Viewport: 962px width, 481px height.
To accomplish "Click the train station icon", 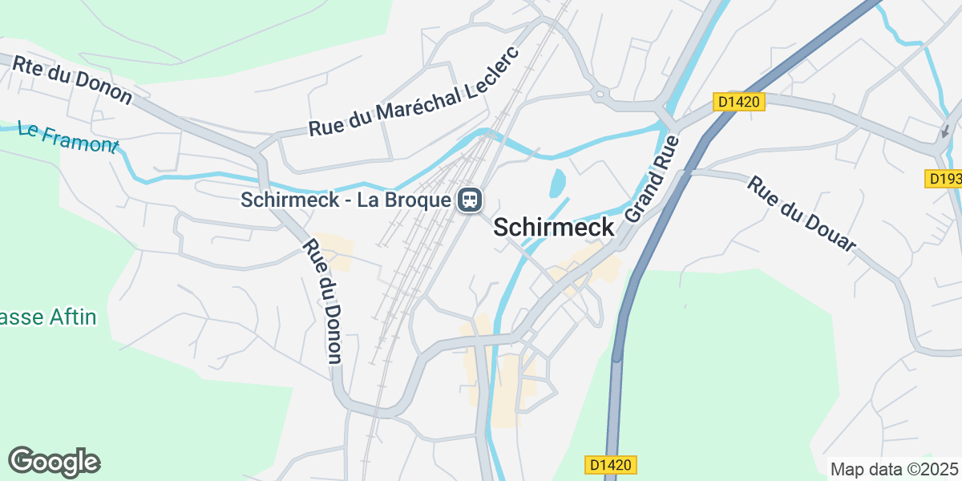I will coord(469,199).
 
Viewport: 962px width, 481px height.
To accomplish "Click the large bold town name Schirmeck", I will coord(554,228).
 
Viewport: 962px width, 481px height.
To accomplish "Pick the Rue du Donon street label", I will coord(324,301).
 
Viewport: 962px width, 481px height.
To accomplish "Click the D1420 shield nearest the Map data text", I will coord(611,464).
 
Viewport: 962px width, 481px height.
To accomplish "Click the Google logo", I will coord(55,462).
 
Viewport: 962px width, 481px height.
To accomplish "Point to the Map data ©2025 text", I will coord(894,469).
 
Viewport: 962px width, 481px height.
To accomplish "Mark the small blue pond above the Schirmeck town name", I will coord(557,182).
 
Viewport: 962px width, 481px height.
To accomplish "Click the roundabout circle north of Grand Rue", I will coord(599,96).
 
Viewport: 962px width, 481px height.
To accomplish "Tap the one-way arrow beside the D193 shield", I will coord(945,131).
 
